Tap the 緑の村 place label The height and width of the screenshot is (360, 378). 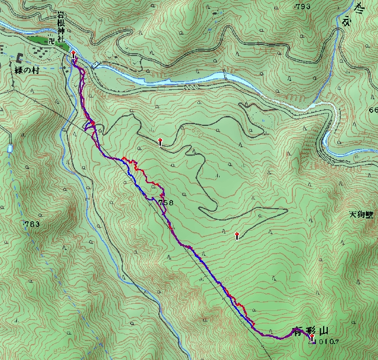27,69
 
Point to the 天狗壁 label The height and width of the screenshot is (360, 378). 362,215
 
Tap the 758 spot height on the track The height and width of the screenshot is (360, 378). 166,203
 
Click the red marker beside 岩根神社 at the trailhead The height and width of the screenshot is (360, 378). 73,54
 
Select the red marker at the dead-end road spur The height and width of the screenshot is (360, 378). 237,235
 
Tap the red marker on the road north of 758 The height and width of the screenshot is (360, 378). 160,141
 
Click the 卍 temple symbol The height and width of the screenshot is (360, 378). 51,41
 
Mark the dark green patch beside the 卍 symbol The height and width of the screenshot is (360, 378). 41,41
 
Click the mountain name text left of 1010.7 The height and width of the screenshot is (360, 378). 307,331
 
